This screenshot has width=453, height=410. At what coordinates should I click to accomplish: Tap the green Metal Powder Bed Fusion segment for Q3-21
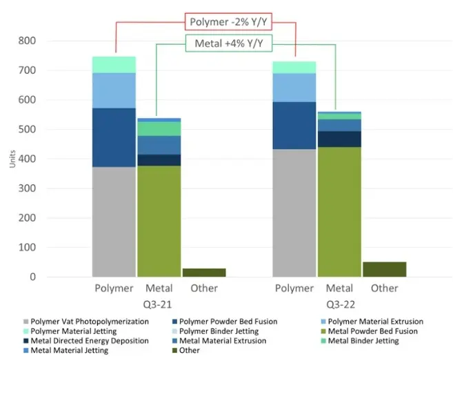(159, 221)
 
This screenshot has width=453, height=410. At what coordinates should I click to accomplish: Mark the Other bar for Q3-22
(384, 269)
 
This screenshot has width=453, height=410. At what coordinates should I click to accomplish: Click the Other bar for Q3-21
(204, 272)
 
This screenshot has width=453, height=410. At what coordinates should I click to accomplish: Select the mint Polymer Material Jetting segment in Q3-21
(114, 64)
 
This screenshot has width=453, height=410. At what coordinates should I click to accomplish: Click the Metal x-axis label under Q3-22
(339, 288)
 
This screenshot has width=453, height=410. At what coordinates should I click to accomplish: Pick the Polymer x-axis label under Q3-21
(114, 288)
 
